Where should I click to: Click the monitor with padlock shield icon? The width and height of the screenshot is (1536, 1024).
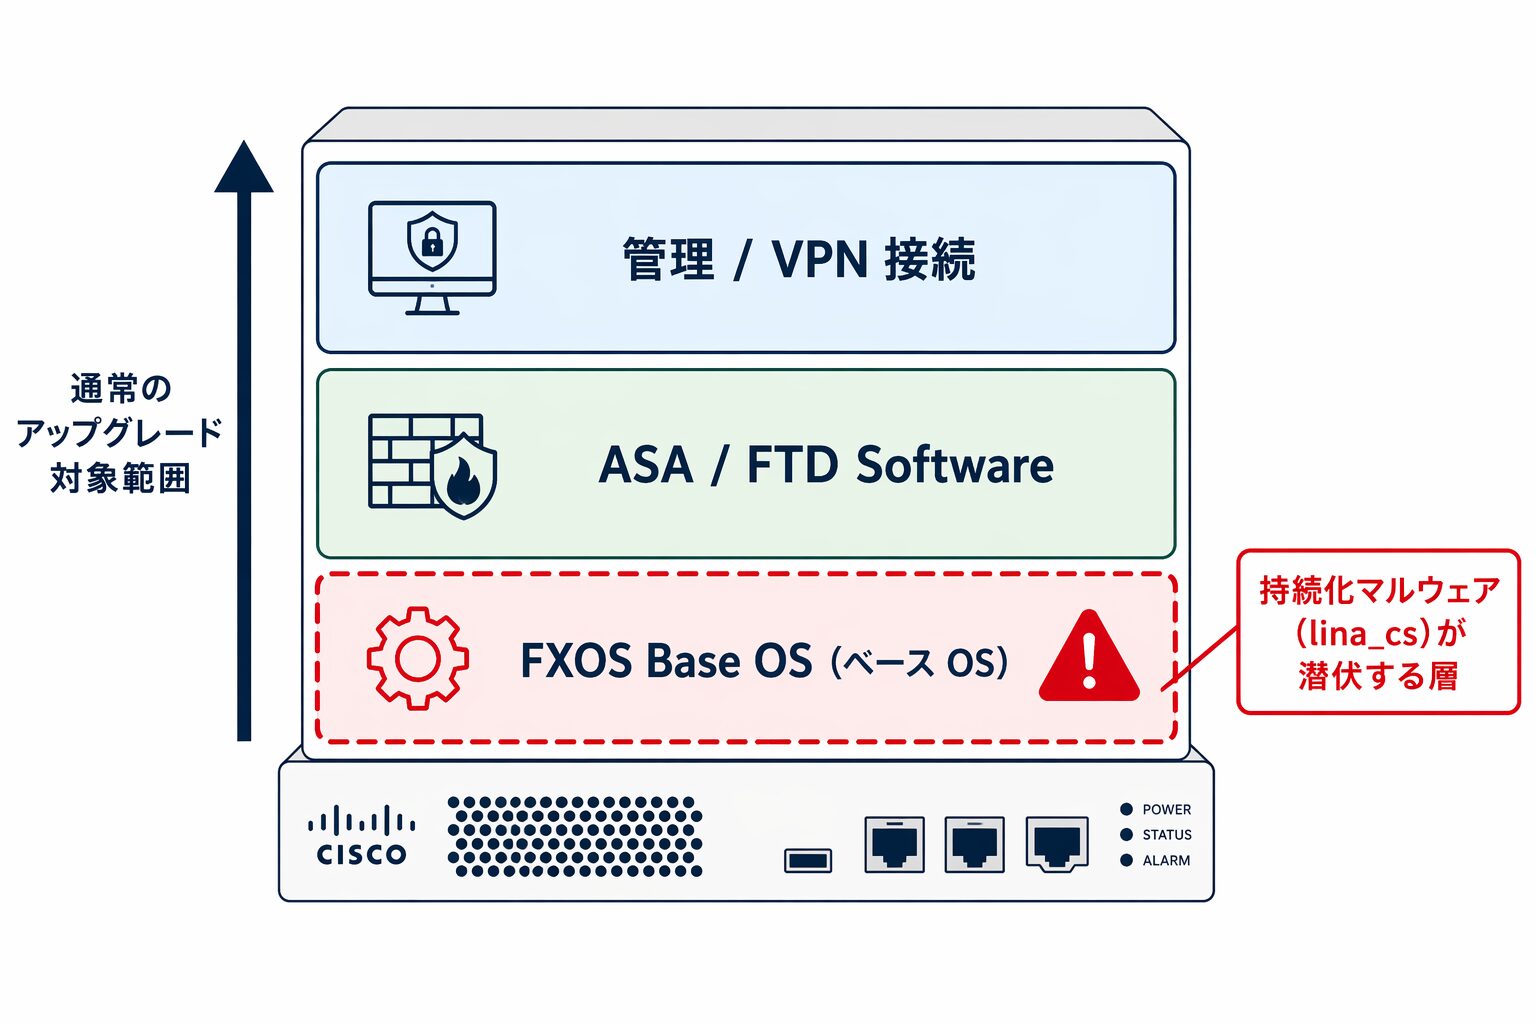[x=432, y=257]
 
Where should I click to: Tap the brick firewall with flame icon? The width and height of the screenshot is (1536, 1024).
[x=432, y=465]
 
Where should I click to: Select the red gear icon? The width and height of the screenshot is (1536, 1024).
[x=417, y=658]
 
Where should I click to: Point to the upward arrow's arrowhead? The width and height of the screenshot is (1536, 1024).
[x=243, y=168]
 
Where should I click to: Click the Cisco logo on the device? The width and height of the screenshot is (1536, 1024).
[x=361, y=836]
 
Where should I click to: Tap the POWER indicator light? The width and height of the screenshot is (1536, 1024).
[x=1126, y=809]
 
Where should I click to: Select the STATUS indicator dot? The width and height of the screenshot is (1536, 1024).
[x=1126, y=834]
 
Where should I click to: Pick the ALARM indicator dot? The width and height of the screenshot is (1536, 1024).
[x=1126, y=860]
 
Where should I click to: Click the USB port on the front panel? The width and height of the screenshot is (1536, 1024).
[x=808, y=860]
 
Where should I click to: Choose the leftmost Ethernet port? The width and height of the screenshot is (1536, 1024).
[x=894, y=844]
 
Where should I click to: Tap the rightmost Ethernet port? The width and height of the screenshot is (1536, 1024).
[x=1056, y=844]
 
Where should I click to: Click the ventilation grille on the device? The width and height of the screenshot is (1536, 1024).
[x=574, y=836]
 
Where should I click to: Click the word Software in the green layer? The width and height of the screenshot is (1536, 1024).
[x=954, y=465]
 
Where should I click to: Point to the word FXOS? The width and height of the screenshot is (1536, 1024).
[x=574, y=661]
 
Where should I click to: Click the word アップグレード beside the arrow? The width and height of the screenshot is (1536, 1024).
[x=120, y=433]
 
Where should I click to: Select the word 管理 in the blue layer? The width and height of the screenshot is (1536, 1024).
[x=668, y=259]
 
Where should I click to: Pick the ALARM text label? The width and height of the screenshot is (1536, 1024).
[x=1166, y=860]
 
